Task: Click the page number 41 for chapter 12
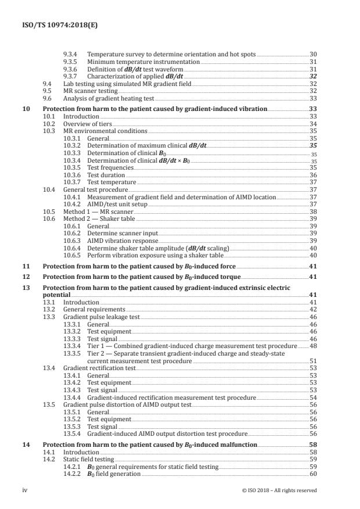tap(312, 277)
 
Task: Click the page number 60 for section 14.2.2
tap(312, 474)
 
